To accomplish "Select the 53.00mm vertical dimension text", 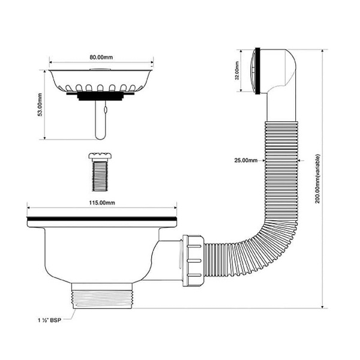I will (40, 106).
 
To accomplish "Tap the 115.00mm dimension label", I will (101, 204).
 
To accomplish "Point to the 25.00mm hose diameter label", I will (245, 161).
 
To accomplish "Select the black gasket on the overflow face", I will (257, 70).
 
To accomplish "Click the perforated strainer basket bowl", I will (100, 81).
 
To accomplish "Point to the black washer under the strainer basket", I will (100, 95).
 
